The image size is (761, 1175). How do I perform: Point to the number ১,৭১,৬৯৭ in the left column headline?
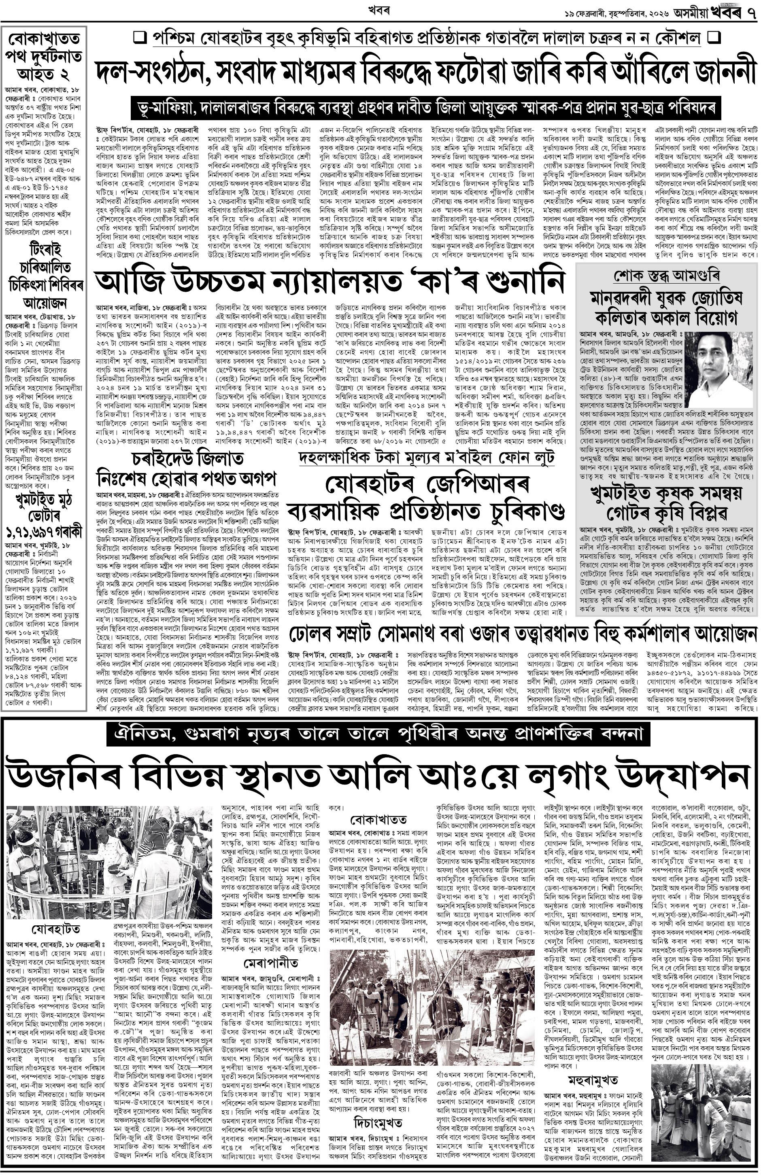44,531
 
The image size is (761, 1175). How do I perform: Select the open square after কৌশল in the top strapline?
714,38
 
